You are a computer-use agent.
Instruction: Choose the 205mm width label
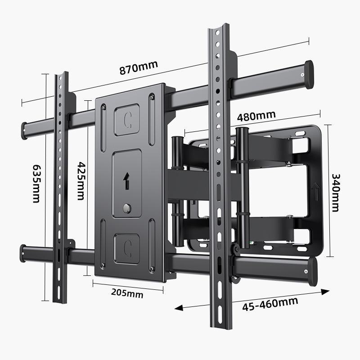tap(127, 293)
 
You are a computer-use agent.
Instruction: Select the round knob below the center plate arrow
tap(127, 208)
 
